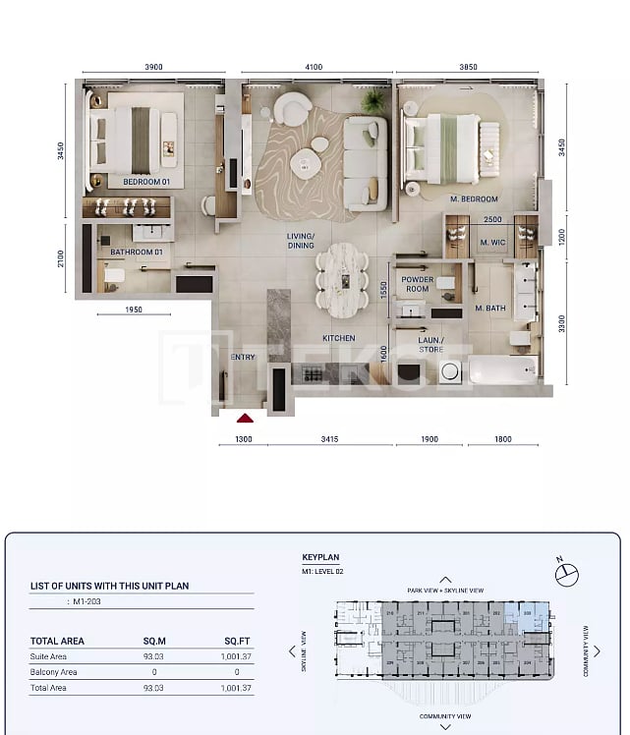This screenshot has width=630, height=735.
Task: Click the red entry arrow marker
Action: click(245, 417)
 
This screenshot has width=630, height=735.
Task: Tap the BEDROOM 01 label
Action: click(146, 182)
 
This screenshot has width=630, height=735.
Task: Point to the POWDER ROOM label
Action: click(418, 285)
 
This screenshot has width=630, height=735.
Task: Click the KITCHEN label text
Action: click(339, 338)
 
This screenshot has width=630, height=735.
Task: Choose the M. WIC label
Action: click(491, 243)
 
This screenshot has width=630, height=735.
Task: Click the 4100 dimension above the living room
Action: click(314, 68)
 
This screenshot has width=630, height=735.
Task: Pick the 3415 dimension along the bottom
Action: click(329, 439)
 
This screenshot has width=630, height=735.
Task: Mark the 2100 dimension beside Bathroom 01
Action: click(60, 258)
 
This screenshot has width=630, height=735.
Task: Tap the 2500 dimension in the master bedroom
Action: click(492, 220)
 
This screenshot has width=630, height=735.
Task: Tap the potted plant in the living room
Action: click(373, 101)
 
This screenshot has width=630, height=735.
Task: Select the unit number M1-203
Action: click(88, 600)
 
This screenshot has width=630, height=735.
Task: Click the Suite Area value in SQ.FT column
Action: click(237, 656)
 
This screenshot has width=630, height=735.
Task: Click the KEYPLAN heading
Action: click(321, 555)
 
